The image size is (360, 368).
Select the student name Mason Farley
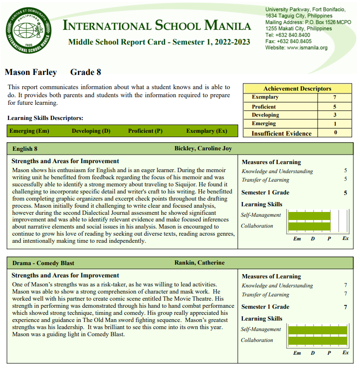[x=31, y=73]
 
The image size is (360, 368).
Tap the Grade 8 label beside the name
[x=85, y=73]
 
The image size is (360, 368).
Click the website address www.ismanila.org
[x=307, y=47]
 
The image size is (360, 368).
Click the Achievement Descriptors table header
[x=297, y=89]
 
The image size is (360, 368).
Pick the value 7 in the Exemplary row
[x=334, y=97]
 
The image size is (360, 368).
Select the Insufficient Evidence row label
[x=281, y=133]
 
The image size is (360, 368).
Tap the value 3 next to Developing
[x=334, y=115]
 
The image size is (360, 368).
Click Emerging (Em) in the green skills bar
[x=29, y=131]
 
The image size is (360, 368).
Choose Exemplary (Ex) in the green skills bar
[x=206, y=131]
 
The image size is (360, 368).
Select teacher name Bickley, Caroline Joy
[x=203, y=149]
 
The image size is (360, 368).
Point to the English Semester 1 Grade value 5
[x=345, y=193]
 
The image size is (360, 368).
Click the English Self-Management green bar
[x=309, y=216]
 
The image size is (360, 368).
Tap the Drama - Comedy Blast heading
[x=43, y=263]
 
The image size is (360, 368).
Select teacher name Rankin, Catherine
[x=199, y=263]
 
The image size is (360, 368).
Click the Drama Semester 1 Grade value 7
[x=345, y=307]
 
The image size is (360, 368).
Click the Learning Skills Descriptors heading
[x=46, y=118]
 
